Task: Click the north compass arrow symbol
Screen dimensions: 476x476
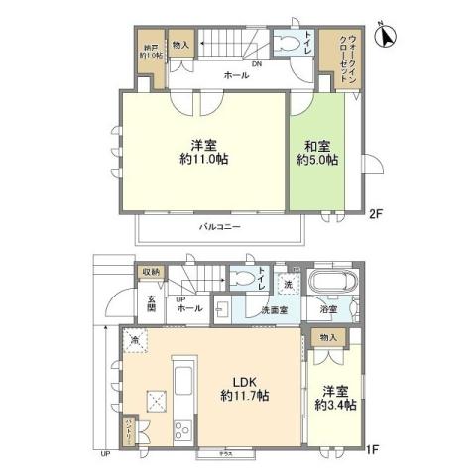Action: pos(386,38)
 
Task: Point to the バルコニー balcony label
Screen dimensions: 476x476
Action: pos(218,227)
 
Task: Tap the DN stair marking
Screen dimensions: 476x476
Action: pos(256,65)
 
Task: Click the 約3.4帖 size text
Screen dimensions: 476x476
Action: pos(331,404)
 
